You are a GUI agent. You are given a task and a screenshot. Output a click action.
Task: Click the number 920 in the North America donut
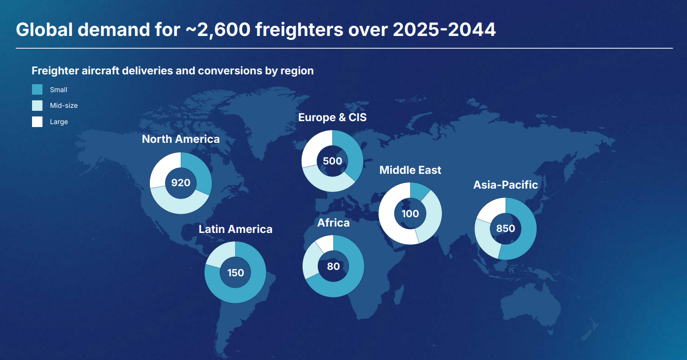(x=181, y=183)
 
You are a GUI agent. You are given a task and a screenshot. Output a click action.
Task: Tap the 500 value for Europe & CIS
(x=332, y=161)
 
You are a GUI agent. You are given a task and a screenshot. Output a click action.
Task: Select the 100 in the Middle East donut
(x=410, y=214)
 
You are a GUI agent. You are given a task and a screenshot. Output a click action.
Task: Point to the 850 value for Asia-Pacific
(x=506, y=229)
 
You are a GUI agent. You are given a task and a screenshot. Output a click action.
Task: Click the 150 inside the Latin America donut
(x=236, y=272)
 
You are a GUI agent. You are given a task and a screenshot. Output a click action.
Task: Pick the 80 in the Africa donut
(x=334, y=266)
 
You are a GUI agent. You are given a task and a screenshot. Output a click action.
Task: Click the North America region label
(x=181, y=139)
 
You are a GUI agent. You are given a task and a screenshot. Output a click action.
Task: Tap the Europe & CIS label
(x=333, y=118)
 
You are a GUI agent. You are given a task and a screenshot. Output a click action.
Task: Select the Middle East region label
(x=410, y=170)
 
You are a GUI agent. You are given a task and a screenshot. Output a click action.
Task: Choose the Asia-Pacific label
(x=506, y=185)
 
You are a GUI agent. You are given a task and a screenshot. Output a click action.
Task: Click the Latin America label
(x=236, y=229)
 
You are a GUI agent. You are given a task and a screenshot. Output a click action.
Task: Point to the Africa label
(x=334, y=223)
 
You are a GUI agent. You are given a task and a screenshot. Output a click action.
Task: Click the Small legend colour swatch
(x=37, y=90)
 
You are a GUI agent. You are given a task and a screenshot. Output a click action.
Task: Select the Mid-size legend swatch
(x=37, y=105)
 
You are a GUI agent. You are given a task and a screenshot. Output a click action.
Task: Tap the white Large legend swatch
(x=37, y=122)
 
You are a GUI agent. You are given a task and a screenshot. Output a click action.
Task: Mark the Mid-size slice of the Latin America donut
(x=219, y=254)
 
